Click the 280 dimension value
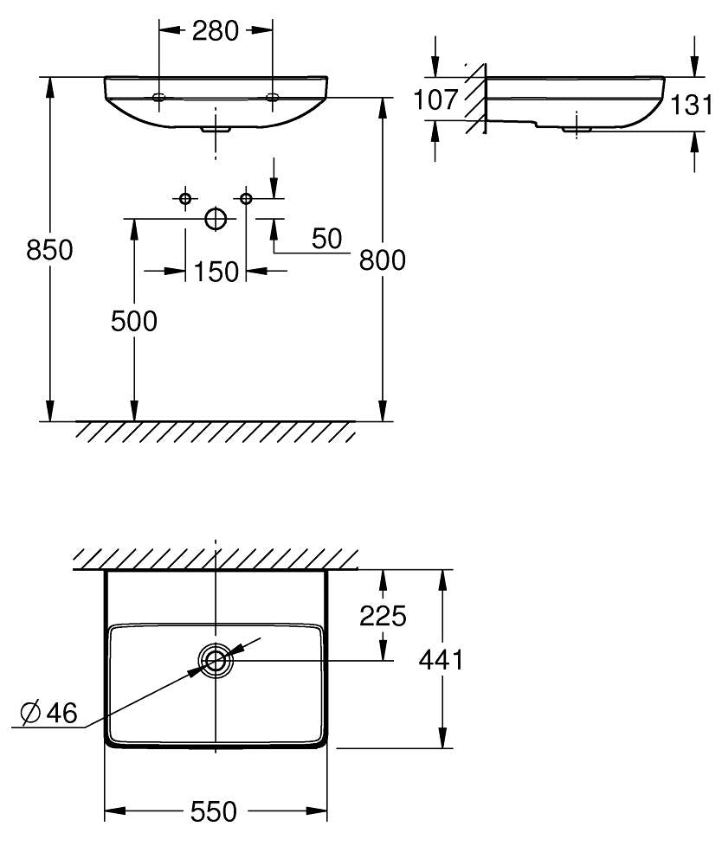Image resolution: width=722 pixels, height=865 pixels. tap(216, 31)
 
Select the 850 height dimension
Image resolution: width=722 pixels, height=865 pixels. tap(49, 250)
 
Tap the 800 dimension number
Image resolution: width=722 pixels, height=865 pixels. tap(382, 259)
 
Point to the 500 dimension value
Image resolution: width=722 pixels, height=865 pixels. tap(134, 321)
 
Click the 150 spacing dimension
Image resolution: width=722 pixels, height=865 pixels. tap(216, 272)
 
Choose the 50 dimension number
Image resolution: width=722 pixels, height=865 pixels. tap(326, 239)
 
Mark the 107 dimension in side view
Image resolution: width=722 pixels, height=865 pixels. tap(435, 99)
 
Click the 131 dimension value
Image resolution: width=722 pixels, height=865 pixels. tap(692, 105)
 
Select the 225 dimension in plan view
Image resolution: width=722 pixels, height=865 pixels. tap(383, 616)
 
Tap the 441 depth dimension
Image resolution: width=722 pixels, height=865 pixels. tap(441, 659)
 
